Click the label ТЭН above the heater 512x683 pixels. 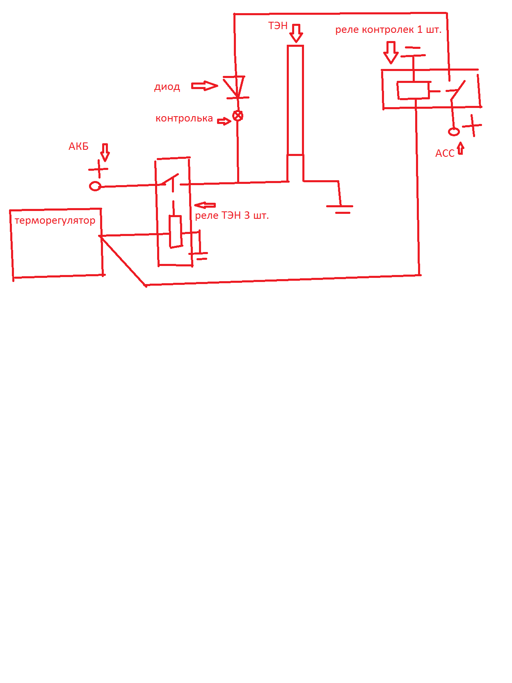click(x=278, y=26)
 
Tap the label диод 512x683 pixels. click(x=167, y=87)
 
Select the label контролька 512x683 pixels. click(x=184, y=119)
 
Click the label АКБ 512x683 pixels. click(x=78, y=147)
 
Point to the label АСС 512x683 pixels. click(x=445, y=153)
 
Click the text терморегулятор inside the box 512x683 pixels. click(x=55, y=220)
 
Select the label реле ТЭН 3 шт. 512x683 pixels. click(x=232, y=215)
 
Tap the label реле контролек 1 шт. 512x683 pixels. click(x=388, y=30)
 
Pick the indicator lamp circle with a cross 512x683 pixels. click(x=238, y=116)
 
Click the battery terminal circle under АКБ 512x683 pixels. click(x=95, y=186)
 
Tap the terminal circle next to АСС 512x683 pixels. click(x=453, y=131)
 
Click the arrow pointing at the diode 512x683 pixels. click(x=204, y=86)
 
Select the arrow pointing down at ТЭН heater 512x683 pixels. click(x=296, y=33)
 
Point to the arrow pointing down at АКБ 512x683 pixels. click(x=105, y=152)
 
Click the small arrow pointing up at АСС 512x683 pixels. click(x=461, y=148)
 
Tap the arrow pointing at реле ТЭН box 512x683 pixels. click(x=205, y=205)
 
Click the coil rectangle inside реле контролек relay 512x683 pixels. click(x=414, y=90)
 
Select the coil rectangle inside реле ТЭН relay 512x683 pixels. click(x=176, y=232)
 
